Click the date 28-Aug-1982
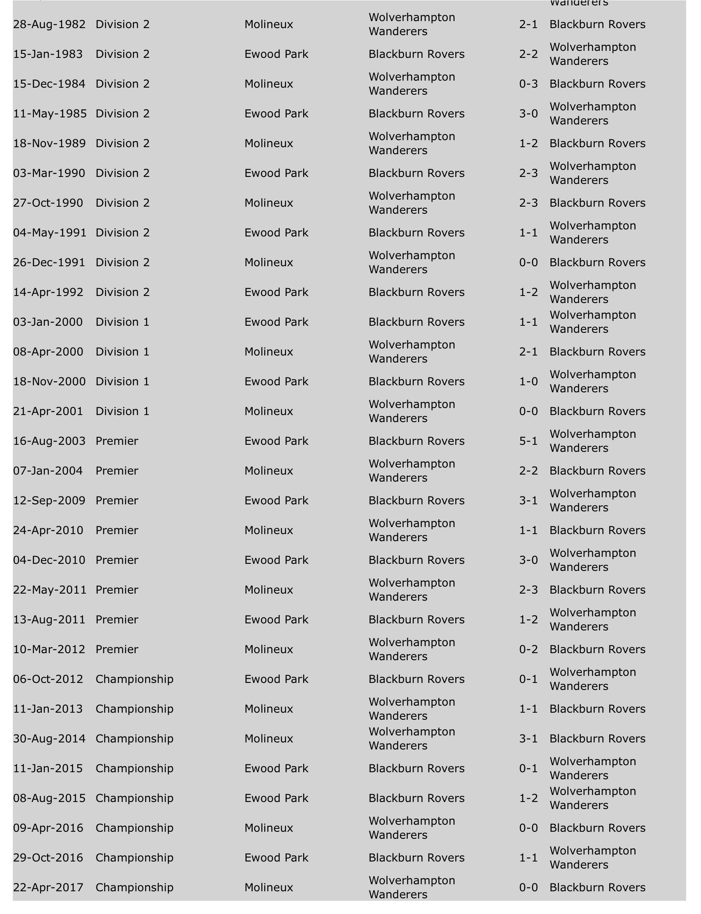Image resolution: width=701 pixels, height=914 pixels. pyautogui.click(x=49, y=25)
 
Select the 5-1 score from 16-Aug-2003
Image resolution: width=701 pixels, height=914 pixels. pyautogui.click(x=528, y=441)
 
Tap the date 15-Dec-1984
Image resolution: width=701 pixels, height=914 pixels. pyautogui.click(x=49, y=84)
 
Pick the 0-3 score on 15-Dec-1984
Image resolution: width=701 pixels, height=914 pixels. pyautogui.click(x=528, y=84)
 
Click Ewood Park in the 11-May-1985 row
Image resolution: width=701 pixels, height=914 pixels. pyautogui.click(x=276, y=114)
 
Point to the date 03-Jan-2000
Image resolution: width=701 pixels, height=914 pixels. pyautogui.click(x=48, y=322)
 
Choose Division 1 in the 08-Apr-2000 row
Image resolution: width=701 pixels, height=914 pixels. pyautogui.click(x=122, y=352)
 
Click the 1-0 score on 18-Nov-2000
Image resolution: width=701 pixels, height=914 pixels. pyautogui.click(x=528, y=382)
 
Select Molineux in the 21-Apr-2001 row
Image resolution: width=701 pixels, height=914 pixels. pyautogui.click(x=269, y=412)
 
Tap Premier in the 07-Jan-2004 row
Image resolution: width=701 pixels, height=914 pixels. pyautogui.click(x=117, y=471)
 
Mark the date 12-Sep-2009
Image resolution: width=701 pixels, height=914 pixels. pyautogui.click(x=49, y=501)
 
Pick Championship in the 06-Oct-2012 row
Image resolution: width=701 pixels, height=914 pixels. pyautogui.click(x=134, y=679)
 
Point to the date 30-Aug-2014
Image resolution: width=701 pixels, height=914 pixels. pyautogui.click(x=49, y=739)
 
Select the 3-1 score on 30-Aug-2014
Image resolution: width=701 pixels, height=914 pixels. pyautogui.click(x=528, y=739)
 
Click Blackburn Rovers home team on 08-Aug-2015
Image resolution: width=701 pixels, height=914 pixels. pyautogui.click(x=416, y=798)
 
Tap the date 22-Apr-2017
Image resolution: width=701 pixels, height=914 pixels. pyautogui.click(x=48, y=887)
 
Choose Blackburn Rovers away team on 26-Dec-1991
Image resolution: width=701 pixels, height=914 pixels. pyautogui.click(x=597, y=263)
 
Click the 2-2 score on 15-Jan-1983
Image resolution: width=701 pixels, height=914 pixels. pyautogui.click(x=528, y=54)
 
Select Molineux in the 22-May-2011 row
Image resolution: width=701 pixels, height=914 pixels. pyautogui.click(x=269, y=590)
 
